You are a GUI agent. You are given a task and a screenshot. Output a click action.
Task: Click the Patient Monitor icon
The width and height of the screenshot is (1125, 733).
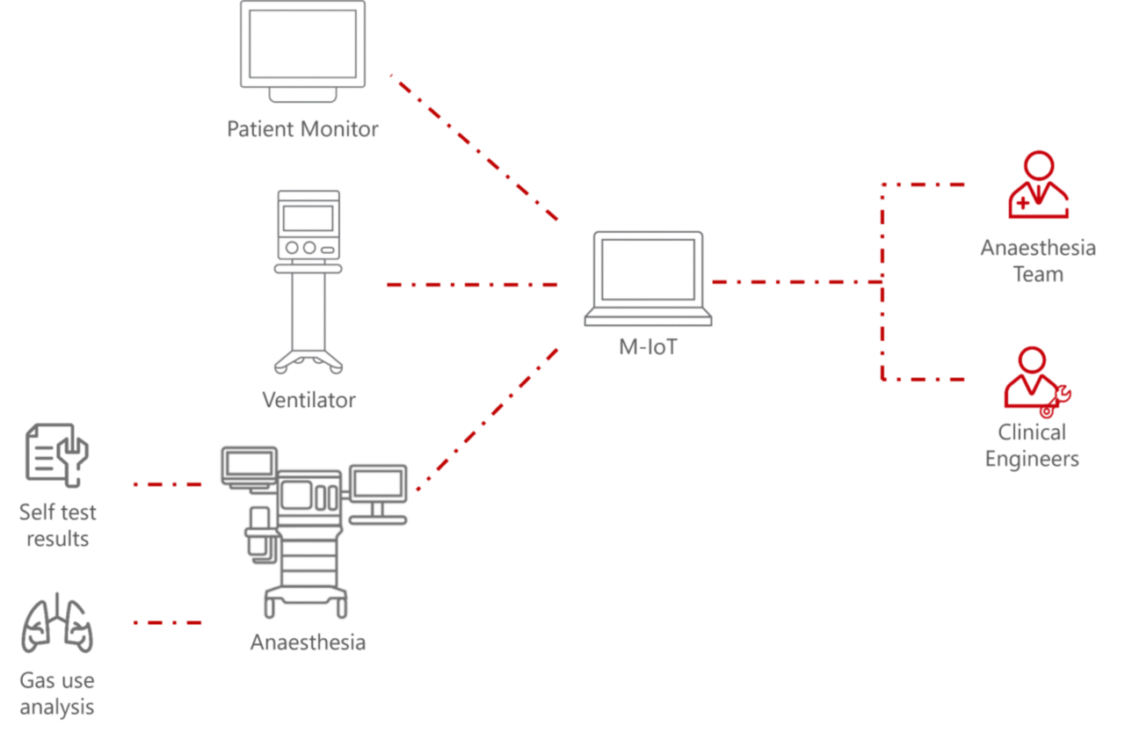(x=303, y=51)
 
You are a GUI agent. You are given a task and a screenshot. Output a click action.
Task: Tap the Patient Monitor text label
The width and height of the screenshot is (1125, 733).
(x=303, y=129)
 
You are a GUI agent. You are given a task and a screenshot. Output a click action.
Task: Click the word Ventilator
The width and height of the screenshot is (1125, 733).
(x=309, y=400)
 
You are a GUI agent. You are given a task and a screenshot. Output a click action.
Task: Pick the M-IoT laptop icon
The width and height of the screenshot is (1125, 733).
(x=648, y=279)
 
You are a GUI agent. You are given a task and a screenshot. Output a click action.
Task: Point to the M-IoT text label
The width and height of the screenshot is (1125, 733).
(x=648, y=346)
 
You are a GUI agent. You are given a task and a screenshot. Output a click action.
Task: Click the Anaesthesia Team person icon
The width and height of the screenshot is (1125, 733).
(x=1038, y=185)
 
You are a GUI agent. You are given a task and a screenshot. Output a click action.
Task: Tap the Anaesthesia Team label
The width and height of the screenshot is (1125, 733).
(x=1038, y=260)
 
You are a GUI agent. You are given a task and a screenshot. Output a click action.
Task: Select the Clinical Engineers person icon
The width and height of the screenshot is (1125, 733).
(x=1036, y=381)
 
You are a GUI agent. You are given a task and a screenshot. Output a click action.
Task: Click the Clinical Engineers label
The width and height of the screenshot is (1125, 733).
(x=1032, y=445)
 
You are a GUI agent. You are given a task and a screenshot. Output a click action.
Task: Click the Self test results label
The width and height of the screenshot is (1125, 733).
(x=58, y=525)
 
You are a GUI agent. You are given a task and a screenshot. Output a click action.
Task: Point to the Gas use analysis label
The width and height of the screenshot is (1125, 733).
(x=57, y=693)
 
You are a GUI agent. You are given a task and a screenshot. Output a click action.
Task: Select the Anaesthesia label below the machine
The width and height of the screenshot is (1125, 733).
(x=308, y=642)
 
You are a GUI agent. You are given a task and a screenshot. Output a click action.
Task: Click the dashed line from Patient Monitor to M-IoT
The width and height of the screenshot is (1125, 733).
(x=475, y=148)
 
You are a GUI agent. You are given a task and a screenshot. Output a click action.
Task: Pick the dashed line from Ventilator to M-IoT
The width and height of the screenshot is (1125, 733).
(x=472, y=285)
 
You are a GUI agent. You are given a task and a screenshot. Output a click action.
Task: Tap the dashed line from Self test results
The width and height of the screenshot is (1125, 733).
(x=167, y=484)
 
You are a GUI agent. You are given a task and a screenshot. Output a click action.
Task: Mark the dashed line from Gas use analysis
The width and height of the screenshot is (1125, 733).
(x=167, y=622)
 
